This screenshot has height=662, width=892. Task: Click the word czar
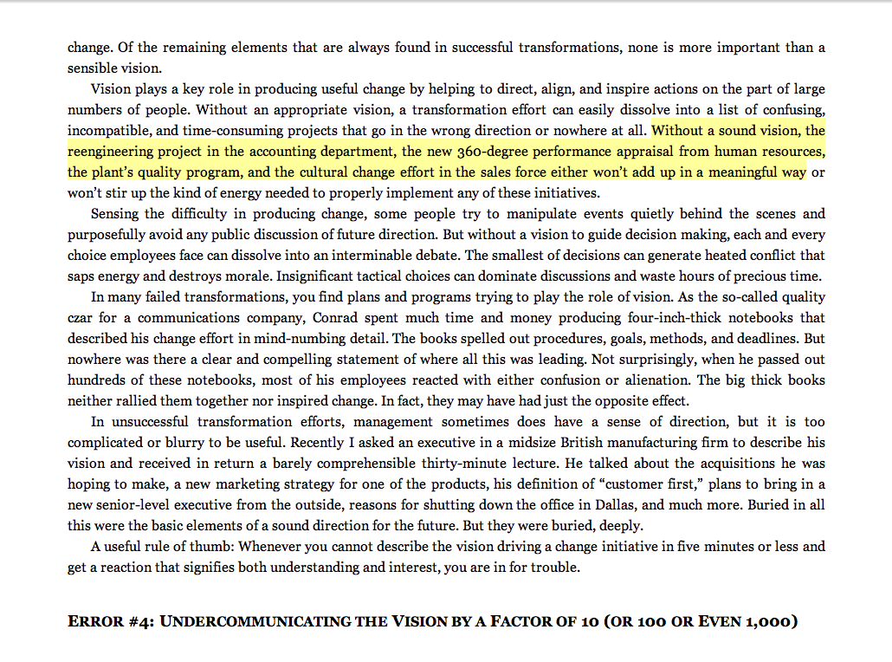tap(81, 318)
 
